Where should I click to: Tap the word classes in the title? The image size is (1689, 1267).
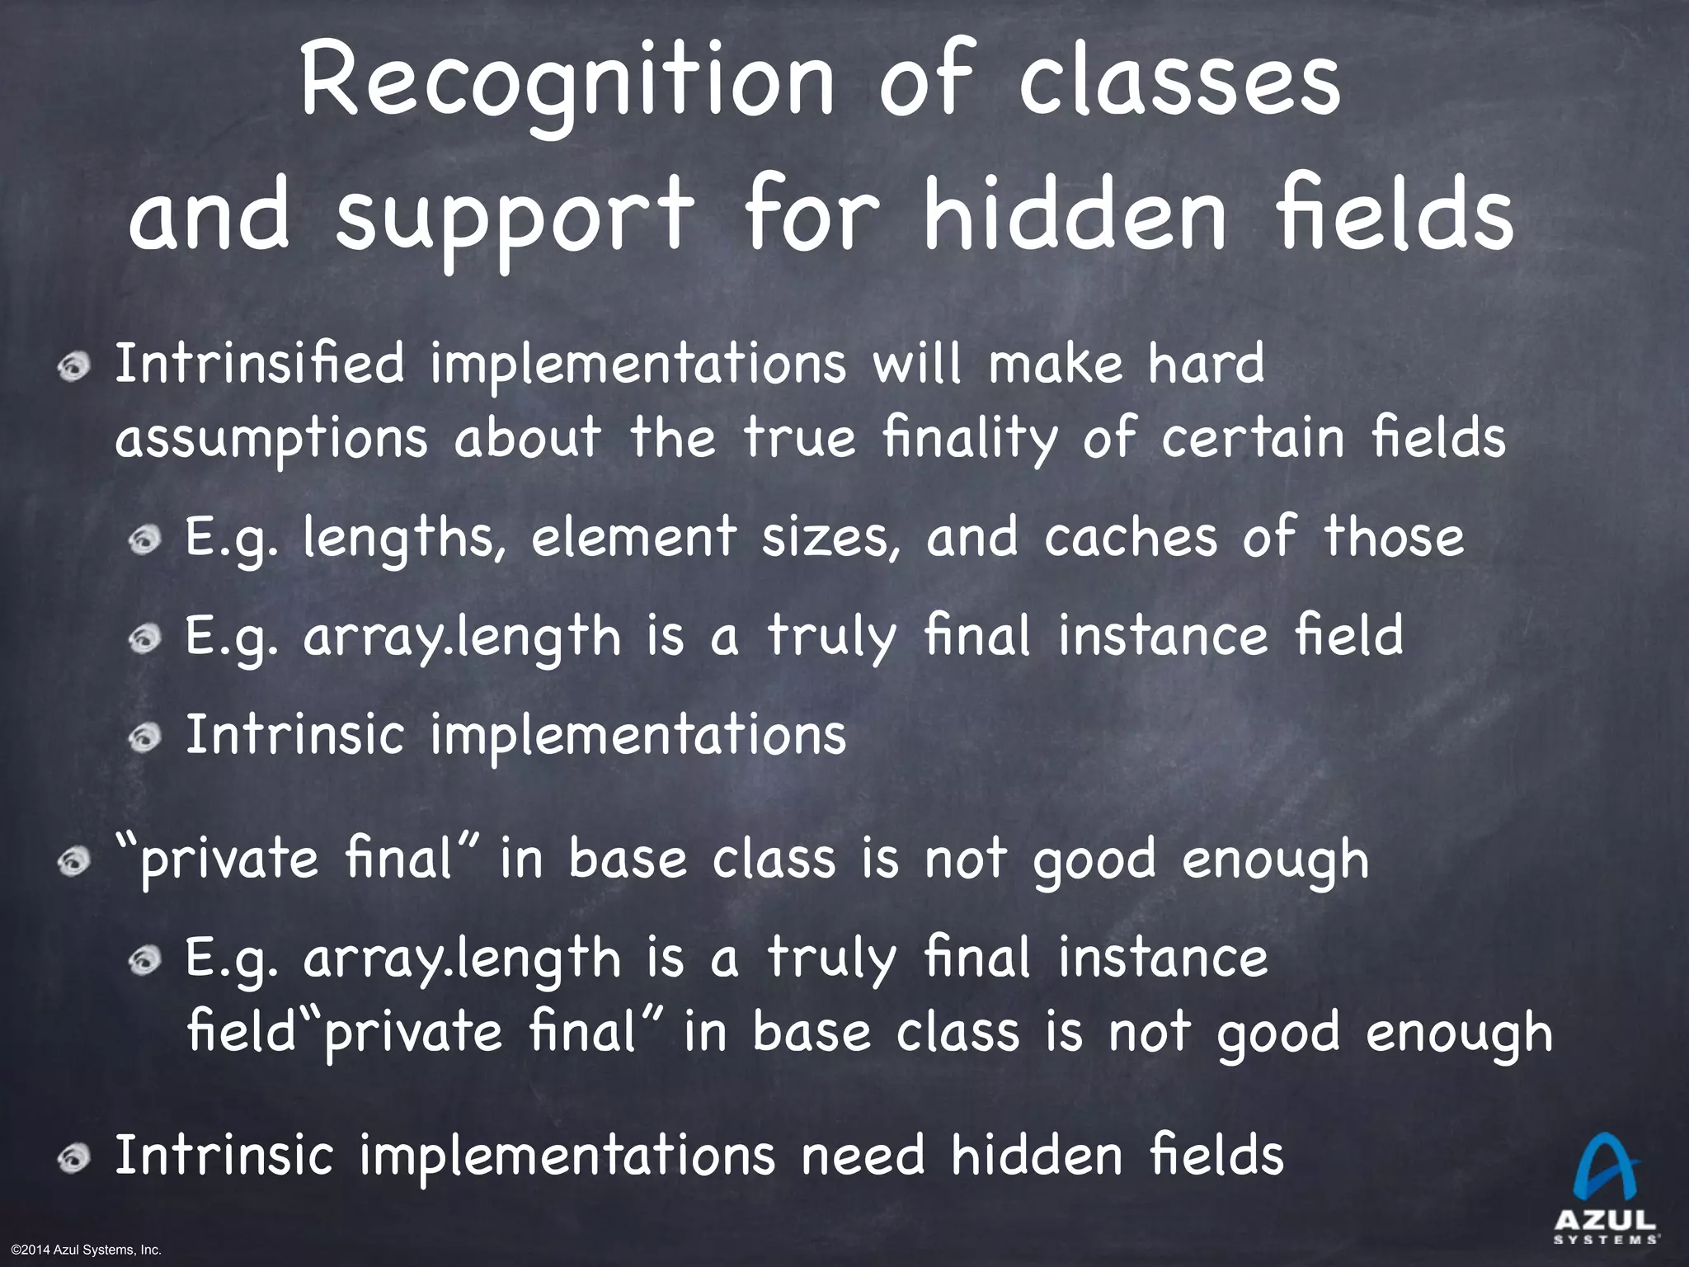point(1179,82)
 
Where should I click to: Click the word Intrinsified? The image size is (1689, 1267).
point(260,364)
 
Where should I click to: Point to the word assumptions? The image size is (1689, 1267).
point(272,438)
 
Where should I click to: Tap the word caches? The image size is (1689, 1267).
point(1131,538)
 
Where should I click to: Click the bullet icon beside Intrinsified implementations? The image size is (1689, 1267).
point(74,367)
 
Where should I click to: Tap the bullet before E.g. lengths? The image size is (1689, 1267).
point(144,541)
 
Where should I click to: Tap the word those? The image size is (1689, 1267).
point(1394,538)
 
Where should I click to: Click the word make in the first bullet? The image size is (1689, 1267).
point(1055,364)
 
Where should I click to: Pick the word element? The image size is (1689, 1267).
point(633,538)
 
